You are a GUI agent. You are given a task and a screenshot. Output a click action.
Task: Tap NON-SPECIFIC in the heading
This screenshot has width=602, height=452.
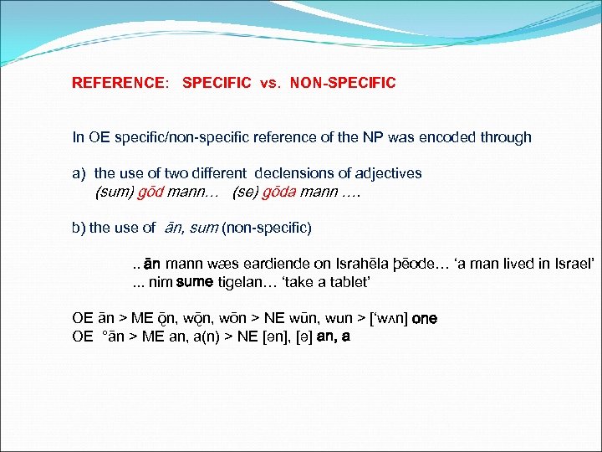point(343,83)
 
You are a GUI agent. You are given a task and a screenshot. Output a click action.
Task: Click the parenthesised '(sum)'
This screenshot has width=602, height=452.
point(115,191)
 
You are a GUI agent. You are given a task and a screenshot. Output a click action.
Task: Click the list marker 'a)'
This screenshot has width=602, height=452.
point(79,173)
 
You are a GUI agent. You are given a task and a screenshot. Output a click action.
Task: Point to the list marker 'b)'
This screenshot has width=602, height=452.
point(79,227)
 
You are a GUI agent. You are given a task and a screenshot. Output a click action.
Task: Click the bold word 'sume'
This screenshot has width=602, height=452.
point(194,282)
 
